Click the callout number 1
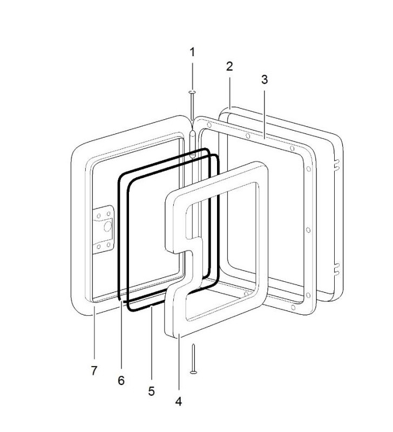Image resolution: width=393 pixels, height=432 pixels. [x=192, y=52]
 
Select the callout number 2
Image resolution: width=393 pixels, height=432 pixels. [x=229, y=66]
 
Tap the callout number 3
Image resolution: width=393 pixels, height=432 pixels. [x=265, y=79]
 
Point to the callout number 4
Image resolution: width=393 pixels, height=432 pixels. [x=179, y=401]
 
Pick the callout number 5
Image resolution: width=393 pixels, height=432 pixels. [x=152, y=391]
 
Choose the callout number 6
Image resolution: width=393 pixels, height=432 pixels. [x=121, y=381]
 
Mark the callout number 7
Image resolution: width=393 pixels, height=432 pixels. [x=94, y=370]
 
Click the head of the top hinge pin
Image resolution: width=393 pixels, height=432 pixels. [x=192, y=92]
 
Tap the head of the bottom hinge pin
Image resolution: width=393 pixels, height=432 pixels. [x=194, y=373]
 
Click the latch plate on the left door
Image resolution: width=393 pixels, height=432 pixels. [x=104, y=229]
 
